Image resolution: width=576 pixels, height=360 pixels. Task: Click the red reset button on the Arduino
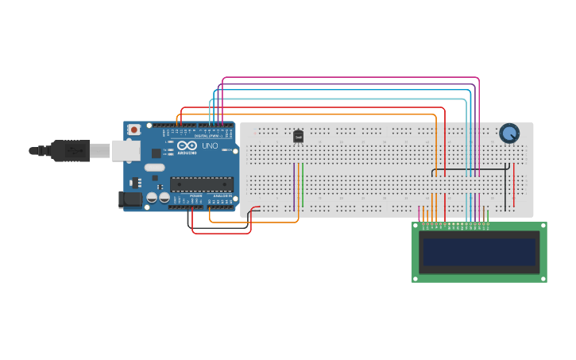pyautogui.click(x=134, y=130)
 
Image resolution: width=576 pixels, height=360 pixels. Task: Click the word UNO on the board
pyautogui.click(x=211, y=146)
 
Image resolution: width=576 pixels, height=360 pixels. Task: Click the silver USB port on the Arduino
pyautogui.click(x=126, y=151)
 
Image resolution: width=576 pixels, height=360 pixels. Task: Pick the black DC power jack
pyautogui.click(x=130, y=200)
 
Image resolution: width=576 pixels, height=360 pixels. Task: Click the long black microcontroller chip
pyautogui.click(x=201, y=184)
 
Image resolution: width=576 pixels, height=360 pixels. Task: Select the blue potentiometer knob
pyautogui.click(x=508, y=133)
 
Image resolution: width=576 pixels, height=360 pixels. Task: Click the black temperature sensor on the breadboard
pyautogui.click(x=298, y=136)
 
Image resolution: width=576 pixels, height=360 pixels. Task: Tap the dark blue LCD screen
pyautogui.click(x=479, y=252)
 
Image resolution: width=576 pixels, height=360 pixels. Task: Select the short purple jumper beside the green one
pyautogui.click(x=294, y=187)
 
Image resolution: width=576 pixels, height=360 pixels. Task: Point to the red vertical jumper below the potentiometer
pyautogui.click(x=514, y=184)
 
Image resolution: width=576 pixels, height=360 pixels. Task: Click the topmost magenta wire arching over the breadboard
pyautogui.click(x=350, y=78)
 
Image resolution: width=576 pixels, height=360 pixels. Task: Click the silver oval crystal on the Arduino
pyautogui.click(x=153, y=168)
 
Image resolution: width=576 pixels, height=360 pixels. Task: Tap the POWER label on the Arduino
pyautogui.click(x=195, y=195)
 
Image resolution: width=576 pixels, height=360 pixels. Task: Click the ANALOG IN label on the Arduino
pyautogui.click(x=222, y=195)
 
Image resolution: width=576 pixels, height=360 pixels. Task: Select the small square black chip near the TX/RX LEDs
pyautogui.click(x=157, y=153)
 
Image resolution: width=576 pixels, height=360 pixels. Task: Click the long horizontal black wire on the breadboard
pyautogui.click(x=469, y=169)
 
